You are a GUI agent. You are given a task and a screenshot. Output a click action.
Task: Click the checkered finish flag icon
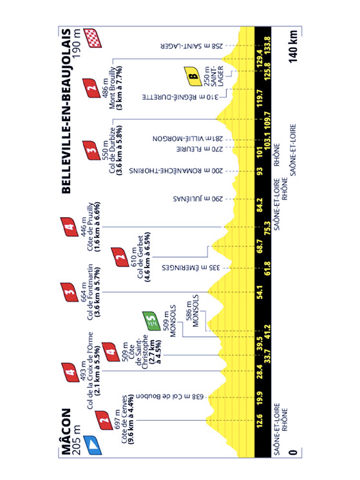93,38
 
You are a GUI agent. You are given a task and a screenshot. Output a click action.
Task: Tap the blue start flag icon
93,445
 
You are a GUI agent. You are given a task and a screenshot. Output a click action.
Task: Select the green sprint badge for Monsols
151,321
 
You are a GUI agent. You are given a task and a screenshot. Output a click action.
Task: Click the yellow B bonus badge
193,75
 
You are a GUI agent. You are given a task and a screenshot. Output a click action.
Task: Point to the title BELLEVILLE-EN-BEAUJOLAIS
66,111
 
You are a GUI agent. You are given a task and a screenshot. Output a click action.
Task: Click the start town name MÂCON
66,432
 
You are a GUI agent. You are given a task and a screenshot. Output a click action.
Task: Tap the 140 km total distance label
293,46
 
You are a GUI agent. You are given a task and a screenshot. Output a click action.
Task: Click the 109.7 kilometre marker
268,119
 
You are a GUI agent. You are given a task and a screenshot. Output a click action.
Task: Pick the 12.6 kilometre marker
260,421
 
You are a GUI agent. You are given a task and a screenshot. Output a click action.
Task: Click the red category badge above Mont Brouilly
91,88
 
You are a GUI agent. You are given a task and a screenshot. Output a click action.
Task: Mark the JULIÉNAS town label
198,199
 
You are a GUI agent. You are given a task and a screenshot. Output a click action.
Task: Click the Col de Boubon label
170,397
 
